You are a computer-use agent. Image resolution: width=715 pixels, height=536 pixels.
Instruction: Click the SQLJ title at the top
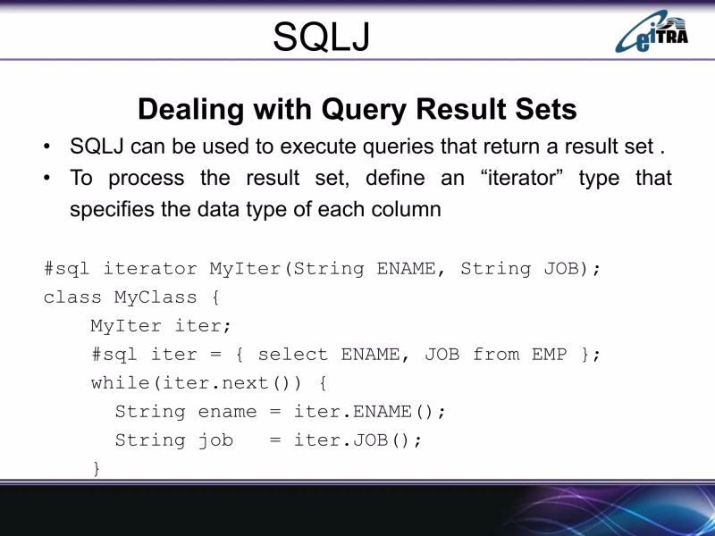tap(321, 37)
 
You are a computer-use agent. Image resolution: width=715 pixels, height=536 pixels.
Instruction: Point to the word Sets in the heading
tap(543, 110)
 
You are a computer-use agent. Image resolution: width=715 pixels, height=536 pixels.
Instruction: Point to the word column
tap(408, 210)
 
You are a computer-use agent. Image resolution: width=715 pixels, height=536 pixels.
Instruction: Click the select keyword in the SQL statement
tap(293, 355)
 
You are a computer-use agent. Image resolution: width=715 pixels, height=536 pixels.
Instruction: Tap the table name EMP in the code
tap(549, 355)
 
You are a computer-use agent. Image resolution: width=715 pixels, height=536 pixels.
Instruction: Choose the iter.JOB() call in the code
tap(357, 440)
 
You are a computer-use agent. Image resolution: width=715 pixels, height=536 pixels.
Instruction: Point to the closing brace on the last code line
tap(97, 469)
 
